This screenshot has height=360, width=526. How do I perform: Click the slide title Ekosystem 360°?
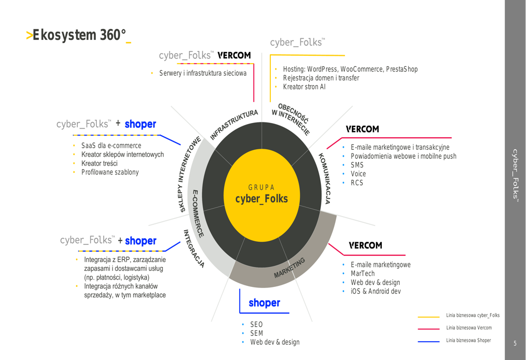79,35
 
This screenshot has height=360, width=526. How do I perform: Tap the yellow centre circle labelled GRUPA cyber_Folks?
261,196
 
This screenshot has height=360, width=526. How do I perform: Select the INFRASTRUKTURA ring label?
234,124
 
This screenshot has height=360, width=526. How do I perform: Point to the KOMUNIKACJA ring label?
325,178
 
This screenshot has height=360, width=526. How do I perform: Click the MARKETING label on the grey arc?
289,268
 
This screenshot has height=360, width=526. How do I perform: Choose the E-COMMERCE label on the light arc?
198,213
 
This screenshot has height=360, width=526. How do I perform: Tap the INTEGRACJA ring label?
194,249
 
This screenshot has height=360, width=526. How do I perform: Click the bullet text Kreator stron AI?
304,87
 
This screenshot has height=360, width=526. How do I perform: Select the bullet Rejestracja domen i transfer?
321,78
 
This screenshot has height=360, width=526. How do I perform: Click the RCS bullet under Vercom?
357,183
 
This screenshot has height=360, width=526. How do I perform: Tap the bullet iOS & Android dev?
376,291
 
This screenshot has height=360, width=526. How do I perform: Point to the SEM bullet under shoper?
257,333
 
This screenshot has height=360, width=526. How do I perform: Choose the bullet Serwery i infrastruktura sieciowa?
203,73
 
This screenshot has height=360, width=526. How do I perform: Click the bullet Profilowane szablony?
110,172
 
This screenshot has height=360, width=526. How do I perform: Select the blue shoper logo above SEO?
265,303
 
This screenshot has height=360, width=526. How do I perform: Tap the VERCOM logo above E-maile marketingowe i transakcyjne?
362,129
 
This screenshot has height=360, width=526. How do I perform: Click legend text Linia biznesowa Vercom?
469,328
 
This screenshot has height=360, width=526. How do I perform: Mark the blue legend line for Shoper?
429,342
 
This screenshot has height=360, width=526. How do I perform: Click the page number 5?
515,343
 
